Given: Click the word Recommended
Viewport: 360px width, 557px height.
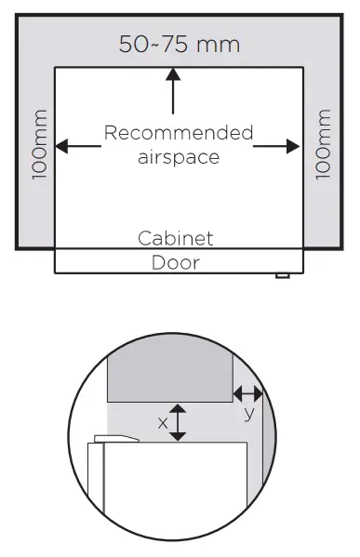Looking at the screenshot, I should (178, 133).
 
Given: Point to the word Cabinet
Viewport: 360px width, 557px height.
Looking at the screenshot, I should (176, 238).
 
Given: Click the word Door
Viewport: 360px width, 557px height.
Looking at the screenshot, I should (176, 262).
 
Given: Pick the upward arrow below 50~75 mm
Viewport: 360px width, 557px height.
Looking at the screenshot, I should (172, 89).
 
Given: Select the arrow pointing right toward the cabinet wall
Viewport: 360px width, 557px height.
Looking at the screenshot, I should (277, 146).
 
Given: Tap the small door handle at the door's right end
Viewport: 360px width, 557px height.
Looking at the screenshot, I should (283, 275).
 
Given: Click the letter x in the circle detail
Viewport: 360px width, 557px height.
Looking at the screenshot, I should (163, 422).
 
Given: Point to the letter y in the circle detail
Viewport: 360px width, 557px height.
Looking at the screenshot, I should (248, 414).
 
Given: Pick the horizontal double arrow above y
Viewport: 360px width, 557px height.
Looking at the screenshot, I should (248, 392).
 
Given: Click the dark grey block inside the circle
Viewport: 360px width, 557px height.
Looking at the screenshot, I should (170, 377).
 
